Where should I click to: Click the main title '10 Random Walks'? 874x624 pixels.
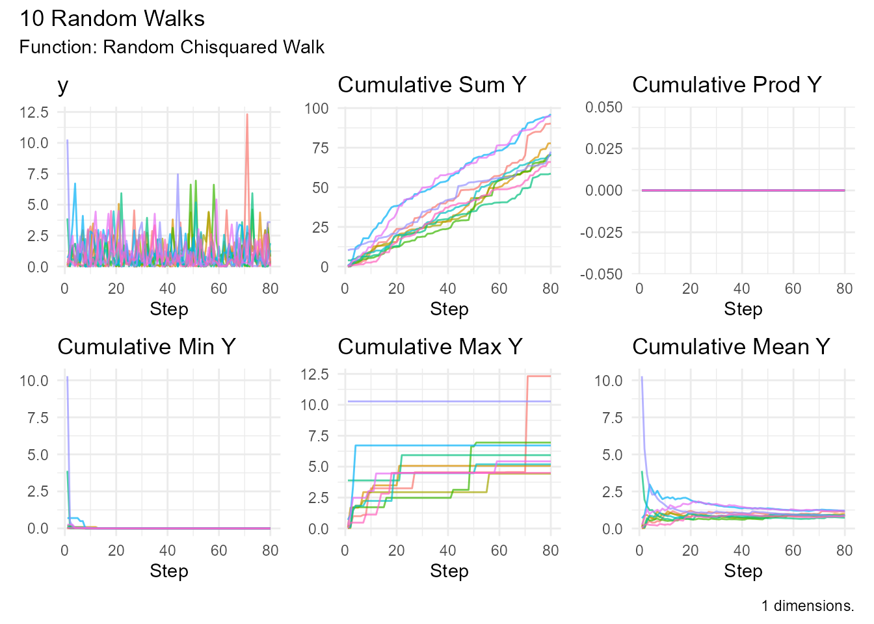point(112,18)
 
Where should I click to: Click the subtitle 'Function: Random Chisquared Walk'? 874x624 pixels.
point(172,47)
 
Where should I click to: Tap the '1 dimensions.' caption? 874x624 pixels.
point(808,606)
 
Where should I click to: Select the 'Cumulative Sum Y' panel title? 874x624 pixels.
point(432,84)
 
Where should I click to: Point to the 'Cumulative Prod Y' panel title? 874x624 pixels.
point(726,84)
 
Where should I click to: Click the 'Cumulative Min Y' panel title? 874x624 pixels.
point(146,346)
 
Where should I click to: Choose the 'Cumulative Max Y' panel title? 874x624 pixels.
point(430,346)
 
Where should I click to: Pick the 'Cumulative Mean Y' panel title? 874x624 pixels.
point(731,346)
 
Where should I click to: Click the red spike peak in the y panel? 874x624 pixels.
point(247,114)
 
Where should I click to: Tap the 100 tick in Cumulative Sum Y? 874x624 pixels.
point(317,109)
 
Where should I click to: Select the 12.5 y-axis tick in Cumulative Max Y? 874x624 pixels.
point(315,374)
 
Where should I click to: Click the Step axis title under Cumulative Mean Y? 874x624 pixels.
point(743,571)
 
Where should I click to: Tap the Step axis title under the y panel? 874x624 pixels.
point(168,309)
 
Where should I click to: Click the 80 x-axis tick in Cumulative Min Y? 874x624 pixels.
point(270,551)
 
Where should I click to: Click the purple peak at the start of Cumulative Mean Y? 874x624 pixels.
point(642,377)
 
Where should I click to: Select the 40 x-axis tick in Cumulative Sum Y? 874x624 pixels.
point(447,289)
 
